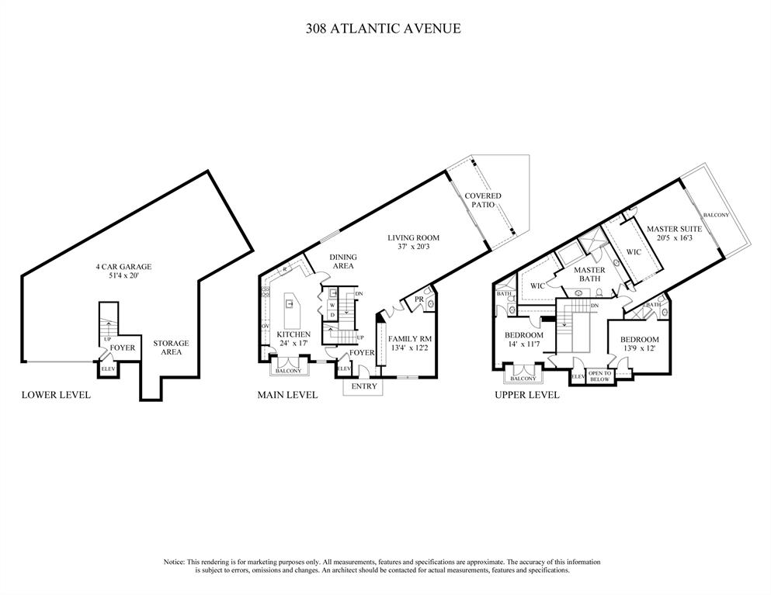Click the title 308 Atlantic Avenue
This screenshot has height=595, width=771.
383,28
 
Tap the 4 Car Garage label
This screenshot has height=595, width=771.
123,267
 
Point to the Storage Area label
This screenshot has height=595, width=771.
171,348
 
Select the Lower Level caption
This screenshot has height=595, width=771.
56,395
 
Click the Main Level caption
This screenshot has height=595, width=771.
287,395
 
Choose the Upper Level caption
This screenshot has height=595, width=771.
527,395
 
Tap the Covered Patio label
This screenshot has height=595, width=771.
483,201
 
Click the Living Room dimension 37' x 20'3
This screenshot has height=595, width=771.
414,248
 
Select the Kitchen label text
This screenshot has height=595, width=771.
294,334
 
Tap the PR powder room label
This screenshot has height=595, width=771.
418,299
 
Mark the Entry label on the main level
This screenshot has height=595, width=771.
364,386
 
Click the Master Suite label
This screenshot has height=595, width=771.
675,229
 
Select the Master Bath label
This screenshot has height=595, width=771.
589,274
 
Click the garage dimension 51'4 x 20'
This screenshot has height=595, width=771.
123,275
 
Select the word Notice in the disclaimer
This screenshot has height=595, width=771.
174,562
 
